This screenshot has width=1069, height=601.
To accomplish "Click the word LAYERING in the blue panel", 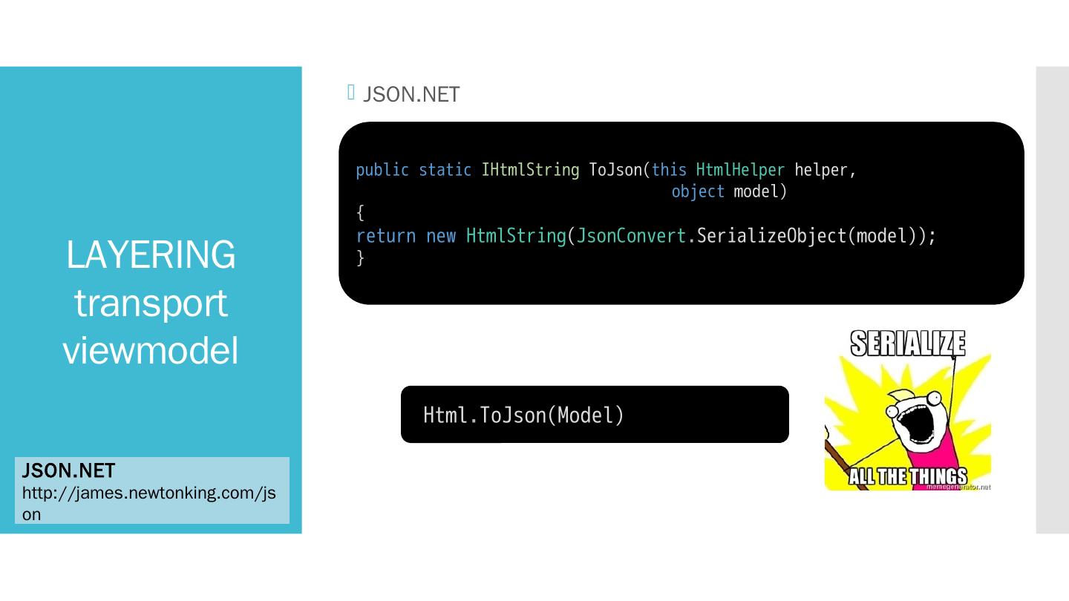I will (151, 255).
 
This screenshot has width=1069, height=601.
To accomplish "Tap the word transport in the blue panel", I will (151, 303).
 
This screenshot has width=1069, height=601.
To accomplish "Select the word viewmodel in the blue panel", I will (151, 350).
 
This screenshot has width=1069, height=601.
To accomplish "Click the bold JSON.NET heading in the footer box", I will (68, 471).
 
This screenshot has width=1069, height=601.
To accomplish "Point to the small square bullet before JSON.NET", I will (352, 92).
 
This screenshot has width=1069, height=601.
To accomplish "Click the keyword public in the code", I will (382, 170).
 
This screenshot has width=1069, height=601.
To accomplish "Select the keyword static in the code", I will (445, 170).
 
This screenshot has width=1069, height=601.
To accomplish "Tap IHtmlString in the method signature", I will (530, 170).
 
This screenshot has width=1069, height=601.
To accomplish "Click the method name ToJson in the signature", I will (615, 170).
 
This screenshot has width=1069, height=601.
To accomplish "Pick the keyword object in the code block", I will (698, 191).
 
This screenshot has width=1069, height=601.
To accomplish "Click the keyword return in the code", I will (386, 236).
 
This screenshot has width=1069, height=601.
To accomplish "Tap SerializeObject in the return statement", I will (771, 236).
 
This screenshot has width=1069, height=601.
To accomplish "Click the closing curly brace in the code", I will (361, 257).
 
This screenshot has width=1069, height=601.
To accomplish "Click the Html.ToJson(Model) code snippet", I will (523, 415).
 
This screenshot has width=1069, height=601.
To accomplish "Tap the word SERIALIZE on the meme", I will (907, 345).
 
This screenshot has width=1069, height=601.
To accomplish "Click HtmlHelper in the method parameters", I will (740, 170).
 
